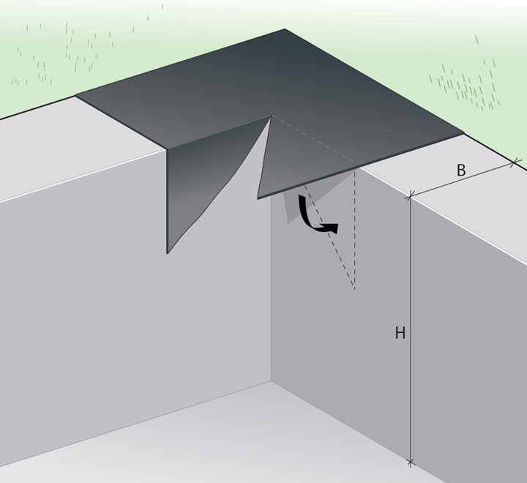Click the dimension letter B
tap(461, 170)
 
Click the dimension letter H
tap(400, 333)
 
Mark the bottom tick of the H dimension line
tap(410, 463)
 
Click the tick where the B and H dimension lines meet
tap(410, 195)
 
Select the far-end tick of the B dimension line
tap(514, 164)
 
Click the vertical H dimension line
tap(410, 329)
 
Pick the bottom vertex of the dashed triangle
tap(354, 289)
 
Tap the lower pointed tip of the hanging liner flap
tap(168, 252)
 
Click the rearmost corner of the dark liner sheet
tap(285, 29)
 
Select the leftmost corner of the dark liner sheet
tap(75, 95)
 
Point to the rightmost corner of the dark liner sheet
tap(464, 133)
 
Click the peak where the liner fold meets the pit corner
tap(272, 116)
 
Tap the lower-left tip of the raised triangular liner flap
tap(258, 198)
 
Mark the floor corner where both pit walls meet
tap(272, 381)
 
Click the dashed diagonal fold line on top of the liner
tap(313, 139)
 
